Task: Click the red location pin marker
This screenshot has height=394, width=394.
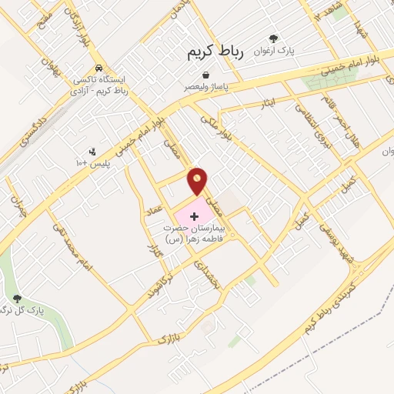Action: [198, 181]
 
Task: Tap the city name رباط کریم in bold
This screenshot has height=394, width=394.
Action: [215, 52]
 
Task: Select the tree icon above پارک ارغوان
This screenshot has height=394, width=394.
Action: [274, 38]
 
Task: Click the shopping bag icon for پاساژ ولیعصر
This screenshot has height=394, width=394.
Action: [207, 75]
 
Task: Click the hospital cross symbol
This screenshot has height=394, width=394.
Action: [193, 216]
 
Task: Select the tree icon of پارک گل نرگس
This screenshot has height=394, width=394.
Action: [18, 299]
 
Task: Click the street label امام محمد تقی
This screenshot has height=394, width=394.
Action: [73, 245]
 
